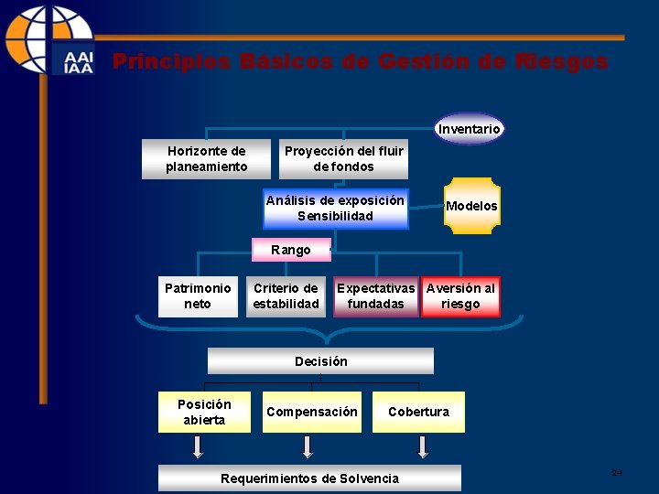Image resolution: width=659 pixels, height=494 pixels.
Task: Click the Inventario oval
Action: pos(469,129)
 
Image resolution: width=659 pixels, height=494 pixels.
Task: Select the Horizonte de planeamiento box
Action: pos(207,158)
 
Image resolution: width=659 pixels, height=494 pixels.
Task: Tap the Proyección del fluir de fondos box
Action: pos(343,158)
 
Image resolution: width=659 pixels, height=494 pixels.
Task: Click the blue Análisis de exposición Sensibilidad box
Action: pos(335,209)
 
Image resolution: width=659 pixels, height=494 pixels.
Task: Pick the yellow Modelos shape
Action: pos(471,206)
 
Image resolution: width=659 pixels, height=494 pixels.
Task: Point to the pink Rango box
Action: pos(291,250)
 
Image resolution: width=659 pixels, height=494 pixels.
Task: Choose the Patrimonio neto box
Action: pos(198,296)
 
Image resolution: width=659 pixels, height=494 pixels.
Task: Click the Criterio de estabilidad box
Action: pos(286,296)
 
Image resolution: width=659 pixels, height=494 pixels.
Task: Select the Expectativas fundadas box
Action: pos(375,296)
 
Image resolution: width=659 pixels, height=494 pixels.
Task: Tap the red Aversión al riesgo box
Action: pos(460,296)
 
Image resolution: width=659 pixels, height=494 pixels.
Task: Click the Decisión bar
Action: pos(321,361)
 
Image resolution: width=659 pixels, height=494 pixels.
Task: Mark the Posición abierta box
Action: pos(204,412)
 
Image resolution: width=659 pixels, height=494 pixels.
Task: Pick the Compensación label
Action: pos(312,412)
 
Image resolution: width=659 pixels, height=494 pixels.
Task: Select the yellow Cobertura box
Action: pos(418,412)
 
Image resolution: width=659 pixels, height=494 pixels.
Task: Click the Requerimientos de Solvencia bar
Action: pos(310,478)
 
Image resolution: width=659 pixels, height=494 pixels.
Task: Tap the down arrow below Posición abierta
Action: pos(197,446)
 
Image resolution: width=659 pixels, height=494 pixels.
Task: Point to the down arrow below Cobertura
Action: pos(422,446)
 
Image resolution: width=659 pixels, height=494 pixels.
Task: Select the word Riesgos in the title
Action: pos(561,62)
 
